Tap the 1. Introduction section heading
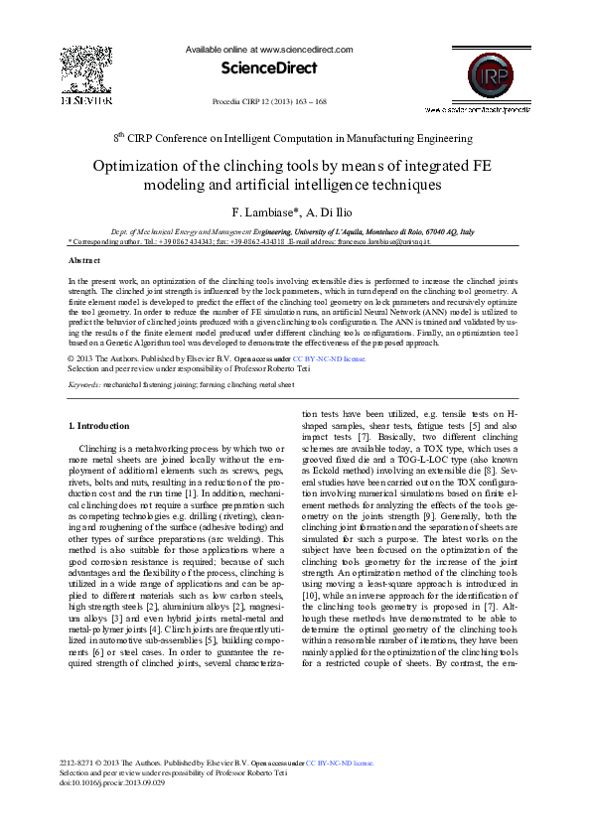pos(97,425)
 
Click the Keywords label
pos(86,355)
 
